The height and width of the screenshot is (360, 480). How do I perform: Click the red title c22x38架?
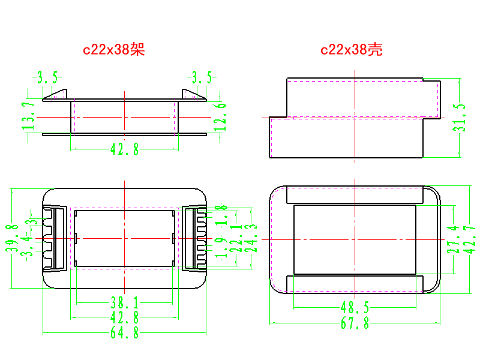pyautogui.click(x=114, y=50)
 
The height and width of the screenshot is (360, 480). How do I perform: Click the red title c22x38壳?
pyautogui.click(x=352, y=50)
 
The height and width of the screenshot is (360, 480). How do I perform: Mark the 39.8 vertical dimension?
pyautogui.click(x=11, y=239)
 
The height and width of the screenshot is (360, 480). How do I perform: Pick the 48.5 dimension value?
pyautogui.click(x=355, y=308)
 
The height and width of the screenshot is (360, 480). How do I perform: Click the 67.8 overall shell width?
pyautogui.click(x=355, y=324)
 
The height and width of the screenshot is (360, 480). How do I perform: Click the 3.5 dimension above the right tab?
pyautogui.click(x=202, y=77)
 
